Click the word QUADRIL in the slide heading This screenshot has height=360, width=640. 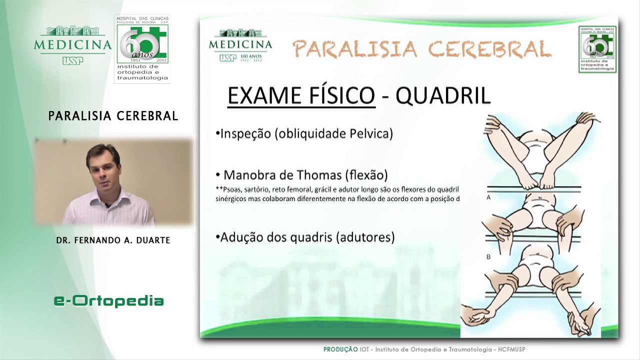(443, 95)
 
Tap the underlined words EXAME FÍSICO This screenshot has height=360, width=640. (301, 95)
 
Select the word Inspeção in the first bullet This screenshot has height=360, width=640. (245, 133)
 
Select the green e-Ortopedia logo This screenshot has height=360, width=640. (108, 300)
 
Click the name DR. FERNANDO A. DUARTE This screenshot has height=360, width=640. (113, 240)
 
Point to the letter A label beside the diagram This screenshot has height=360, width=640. (488, 198)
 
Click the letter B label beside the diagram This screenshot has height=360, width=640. (488, 257)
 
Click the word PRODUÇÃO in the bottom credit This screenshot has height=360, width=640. (340, 349)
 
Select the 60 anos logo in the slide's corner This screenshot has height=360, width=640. (597, 49)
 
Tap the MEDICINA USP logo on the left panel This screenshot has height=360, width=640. (73, 45)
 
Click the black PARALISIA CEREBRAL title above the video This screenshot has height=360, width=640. (113, 116)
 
